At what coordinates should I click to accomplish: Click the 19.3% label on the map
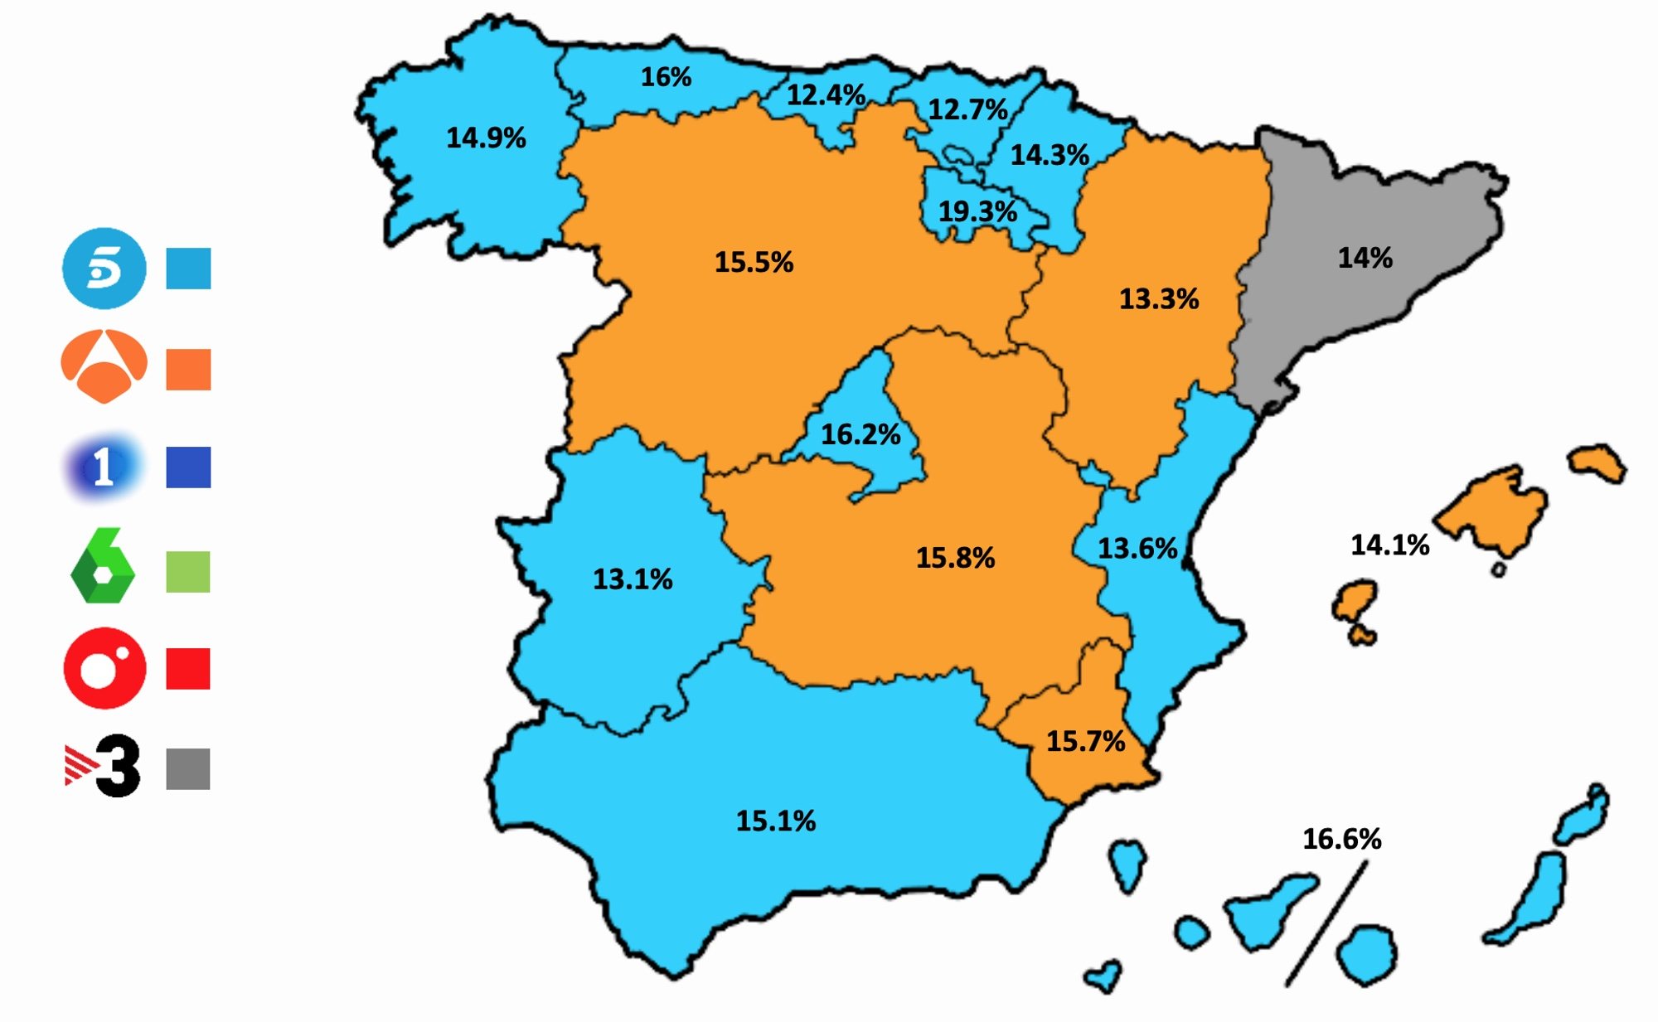point(977,211)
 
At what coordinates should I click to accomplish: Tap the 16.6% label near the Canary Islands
point(1341,839)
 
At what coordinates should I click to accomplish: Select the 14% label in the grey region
point(1365,258)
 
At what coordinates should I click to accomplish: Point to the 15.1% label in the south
point(776,821)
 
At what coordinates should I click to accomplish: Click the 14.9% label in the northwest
point(486,138)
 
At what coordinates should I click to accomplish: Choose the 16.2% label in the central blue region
point(861,434)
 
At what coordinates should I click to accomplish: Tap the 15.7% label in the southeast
point(1085,741)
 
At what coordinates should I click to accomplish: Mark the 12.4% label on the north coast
point(826,95)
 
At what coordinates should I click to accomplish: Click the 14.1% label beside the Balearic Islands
point(1389,545)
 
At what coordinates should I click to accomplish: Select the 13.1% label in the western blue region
point(633,579)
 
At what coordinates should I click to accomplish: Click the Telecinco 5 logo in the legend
point(104,268)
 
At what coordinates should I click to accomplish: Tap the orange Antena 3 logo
point(104,366)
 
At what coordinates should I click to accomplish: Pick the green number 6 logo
point(103,565)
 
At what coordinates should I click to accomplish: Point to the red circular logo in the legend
point(105,668)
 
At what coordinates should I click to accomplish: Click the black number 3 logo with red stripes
point(104,766)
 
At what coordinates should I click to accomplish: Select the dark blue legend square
point(188,467)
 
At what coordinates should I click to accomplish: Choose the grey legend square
point(188,768)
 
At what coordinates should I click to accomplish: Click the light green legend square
point(188,571)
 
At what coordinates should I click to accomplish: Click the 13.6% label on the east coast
point(1137,549)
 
